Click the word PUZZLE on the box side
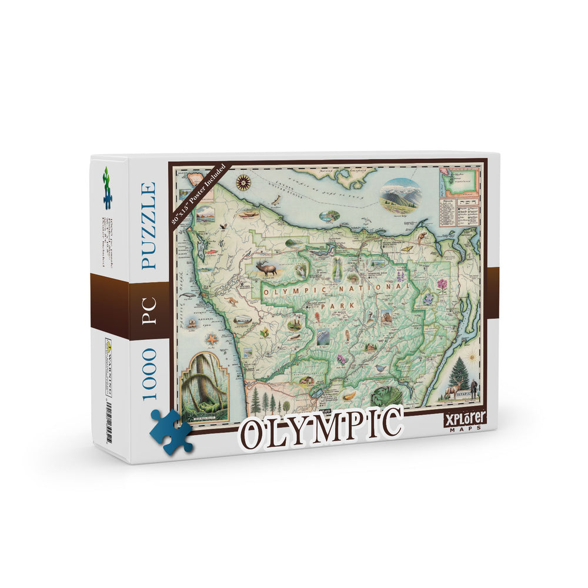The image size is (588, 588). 148,226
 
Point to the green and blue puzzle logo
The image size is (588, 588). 107,188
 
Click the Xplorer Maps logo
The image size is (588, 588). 465,422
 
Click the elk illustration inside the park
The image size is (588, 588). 265,268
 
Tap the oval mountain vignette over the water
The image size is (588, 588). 401,195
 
